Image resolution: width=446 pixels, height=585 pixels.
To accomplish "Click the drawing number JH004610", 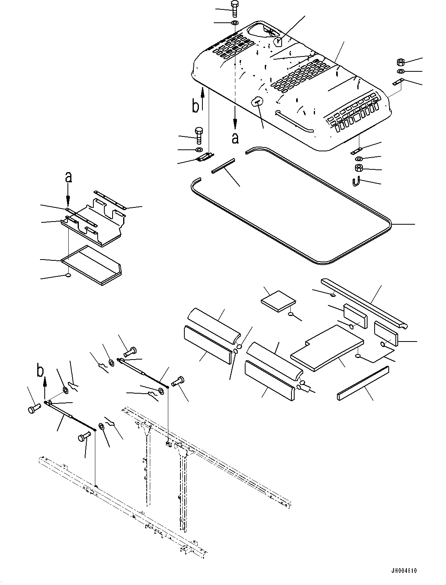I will (x=403, y=570).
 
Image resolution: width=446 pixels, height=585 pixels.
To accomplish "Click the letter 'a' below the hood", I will (x=235, y=138).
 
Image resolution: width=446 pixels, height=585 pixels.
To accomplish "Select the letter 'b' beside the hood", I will (x=196, y=105).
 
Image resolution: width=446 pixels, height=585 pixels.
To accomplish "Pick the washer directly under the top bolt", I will (x=234, y=23).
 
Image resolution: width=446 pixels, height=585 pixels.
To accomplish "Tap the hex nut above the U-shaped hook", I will (x=359, y=168).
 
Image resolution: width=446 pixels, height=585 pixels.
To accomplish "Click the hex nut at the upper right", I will (x=400, y=62).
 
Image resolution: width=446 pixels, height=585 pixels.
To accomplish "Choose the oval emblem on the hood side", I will (x=256, y=102).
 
